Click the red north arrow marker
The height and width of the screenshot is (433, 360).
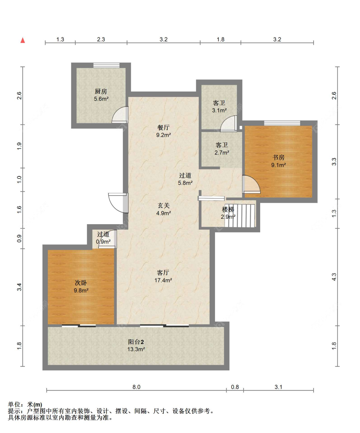pos(23,40)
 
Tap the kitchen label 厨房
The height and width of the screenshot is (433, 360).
pos(101,91)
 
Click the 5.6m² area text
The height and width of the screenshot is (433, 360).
pos(101,99)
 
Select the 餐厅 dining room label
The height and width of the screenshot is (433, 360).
pos(163,127)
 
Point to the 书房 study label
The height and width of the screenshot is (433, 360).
pos(278,157)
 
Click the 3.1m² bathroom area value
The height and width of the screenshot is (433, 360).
pos(219,110)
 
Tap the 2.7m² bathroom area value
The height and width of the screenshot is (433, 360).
pos(221,153)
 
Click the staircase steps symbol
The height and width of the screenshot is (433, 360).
pos(240,216)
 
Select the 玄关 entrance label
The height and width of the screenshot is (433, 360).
pos(164,206)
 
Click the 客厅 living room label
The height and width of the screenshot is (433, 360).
pos(163,273)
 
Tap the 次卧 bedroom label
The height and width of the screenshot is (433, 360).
pos(81,283)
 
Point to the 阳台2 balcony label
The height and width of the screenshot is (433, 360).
pos(136,342)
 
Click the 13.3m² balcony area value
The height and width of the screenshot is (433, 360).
pos(136,349)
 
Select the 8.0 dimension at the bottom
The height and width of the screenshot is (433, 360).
pos(136,387)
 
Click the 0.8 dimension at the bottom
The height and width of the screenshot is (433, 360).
pos(235,387)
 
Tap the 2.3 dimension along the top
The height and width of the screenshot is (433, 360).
pos(101,39)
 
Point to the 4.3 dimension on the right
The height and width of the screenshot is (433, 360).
pos(334,277)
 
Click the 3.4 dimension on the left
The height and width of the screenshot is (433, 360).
pos(19,287)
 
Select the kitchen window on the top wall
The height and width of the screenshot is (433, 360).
pos(106,65)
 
